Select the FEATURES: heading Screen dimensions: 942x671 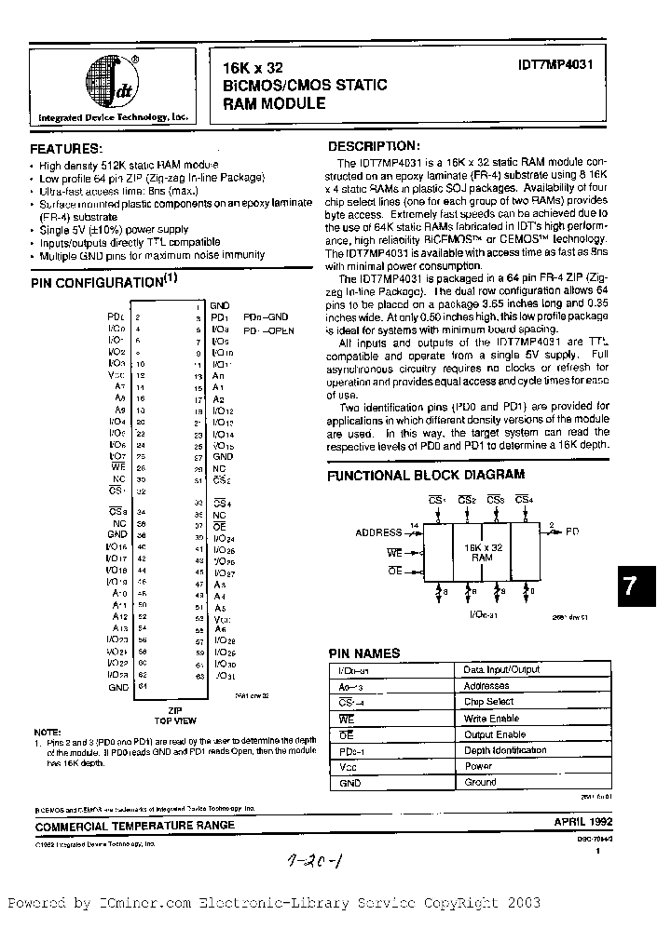[67, 149]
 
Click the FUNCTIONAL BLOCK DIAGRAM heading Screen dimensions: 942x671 [425, 475]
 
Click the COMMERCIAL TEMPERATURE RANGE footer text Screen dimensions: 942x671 [135, 826]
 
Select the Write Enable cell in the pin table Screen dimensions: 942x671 [492, 718]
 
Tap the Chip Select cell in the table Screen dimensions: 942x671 [488, 702]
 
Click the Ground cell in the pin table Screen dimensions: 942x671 [480, 782]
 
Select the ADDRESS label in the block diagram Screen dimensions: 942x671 [378, 532]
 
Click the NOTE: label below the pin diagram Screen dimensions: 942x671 [46, 733]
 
